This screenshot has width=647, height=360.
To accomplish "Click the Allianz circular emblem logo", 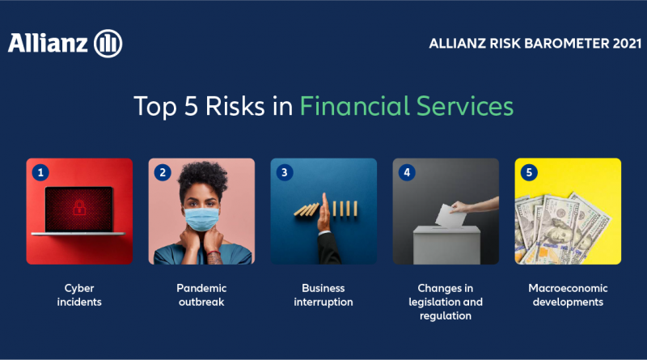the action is click(108, 44).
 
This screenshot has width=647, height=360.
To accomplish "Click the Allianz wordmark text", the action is click(48, 43).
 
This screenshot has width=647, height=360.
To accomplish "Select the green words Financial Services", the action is click(407, 106).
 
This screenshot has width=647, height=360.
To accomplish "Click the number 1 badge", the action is click(40, 172).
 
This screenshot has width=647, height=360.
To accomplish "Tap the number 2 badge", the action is click(163, 172).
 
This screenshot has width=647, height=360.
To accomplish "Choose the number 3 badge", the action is click(285, 172).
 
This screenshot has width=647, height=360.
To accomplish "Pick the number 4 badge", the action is click(407, 172).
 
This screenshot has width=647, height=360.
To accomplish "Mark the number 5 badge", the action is click(529, 172).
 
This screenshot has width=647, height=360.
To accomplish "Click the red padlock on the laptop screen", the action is click(79, 207).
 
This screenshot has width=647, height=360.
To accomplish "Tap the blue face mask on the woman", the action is click(201, 219).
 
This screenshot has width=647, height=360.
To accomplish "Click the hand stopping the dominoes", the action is click(324, 211).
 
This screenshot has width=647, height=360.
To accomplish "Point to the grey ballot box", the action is click(446, 245).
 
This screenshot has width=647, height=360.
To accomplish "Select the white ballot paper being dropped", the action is click(450, 215).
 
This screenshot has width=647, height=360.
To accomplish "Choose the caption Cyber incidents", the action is click(79, 294).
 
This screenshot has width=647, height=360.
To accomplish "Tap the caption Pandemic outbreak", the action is click(201, 294).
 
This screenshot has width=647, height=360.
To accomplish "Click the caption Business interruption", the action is click(323, 294).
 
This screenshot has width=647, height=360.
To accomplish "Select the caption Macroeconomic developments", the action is click(568, 294).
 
